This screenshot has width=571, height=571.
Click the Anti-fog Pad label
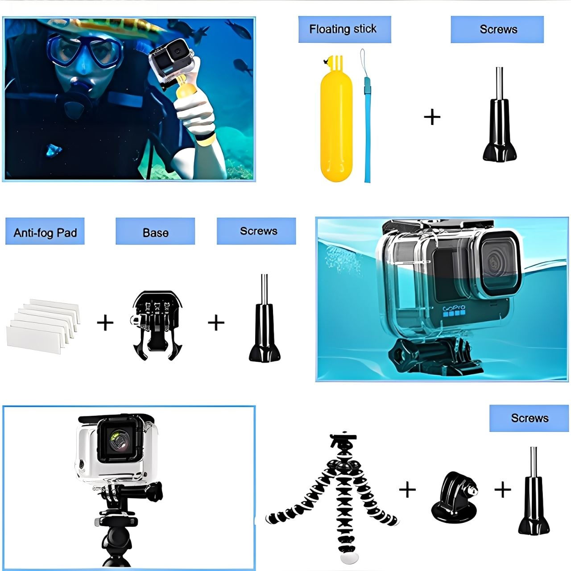coord(45,232)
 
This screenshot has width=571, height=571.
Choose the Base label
coord(155,232)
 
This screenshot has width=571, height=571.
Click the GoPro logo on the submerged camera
coord(454,308)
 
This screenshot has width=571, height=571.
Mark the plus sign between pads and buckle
coord(105,322)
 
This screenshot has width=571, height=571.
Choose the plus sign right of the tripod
coord(407,489)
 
